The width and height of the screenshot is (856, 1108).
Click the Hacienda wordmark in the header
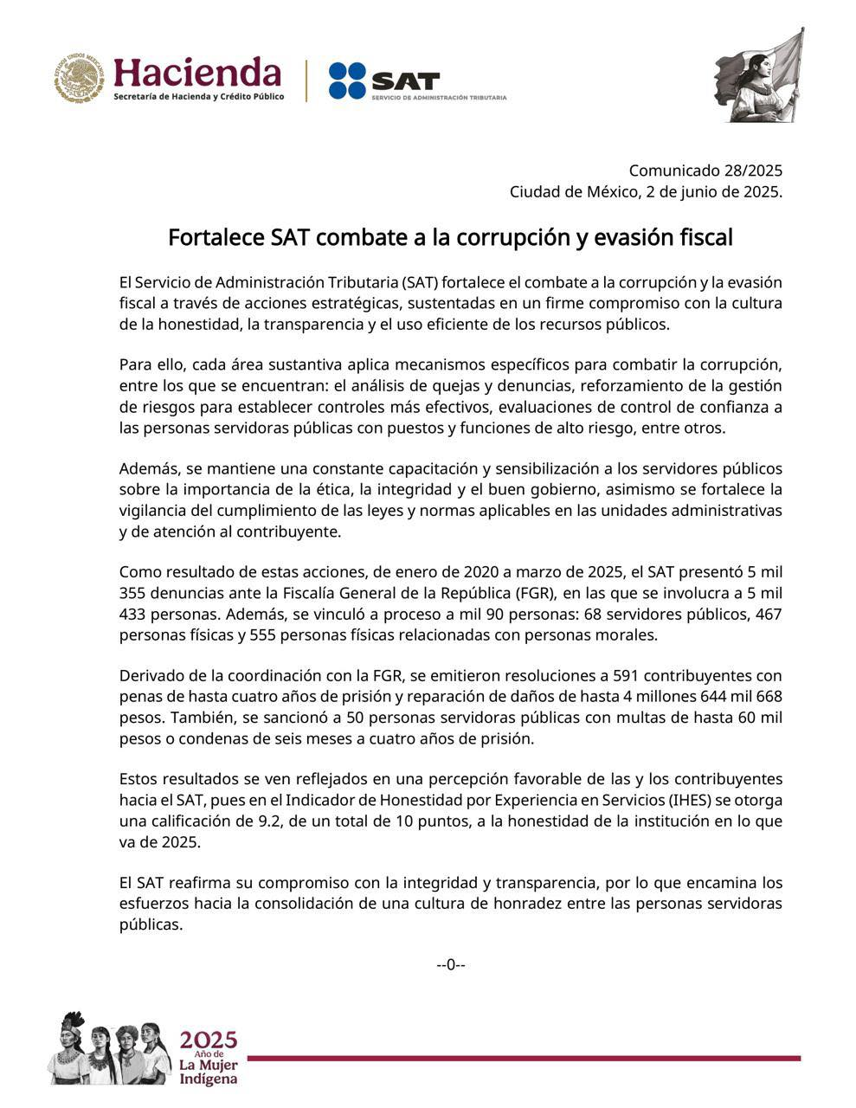pos(197,72)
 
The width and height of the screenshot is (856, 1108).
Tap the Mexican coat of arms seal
pos(80,78)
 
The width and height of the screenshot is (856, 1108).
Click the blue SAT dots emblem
pos(348,81)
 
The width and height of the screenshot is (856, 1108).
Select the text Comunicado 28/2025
pos(705,171)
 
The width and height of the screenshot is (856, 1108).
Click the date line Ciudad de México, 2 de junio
pos(646,192)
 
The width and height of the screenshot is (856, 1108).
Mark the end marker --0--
pos(451,964)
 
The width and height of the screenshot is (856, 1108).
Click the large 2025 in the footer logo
pos(208,1040)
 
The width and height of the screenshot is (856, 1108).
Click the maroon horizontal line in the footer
pos(524,1058)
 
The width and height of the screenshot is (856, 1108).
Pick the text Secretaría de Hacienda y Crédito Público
pos(198,97)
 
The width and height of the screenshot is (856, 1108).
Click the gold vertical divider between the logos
pos(306,81)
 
